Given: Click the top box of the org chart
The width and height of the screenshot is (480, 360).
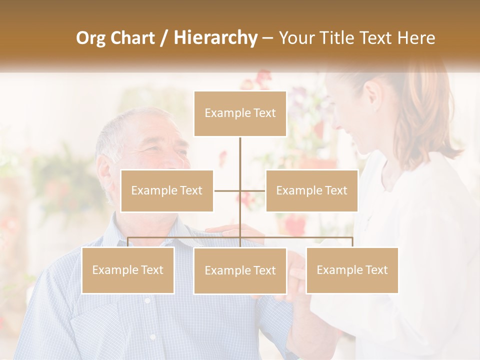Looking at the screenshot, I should pos(240,113).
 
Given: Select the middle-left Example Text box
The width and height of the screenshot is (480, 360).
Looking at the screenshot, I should pos(167,190).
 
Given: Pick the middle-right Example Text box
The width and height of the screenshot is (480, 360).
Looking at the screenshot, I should pos(311,190).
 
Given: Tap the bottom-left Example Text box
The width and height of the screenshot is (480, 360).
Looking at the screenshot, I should pos(127,270).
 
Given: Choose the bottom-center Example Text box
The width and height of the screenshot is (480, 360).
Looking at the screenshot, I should pos(240,270).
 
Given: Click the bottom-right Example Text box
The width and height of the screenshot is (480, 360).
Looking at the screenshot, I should pos(352,270).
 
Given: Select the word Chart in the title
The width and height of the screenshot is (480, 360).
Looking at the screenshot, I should pos(134,38).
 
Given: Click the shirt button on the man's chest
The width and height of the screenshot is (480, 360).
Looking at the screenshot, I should pos(147,300).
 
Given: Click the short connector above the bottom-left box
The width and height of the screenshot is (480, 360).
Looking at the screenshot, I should pos(128,242).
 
